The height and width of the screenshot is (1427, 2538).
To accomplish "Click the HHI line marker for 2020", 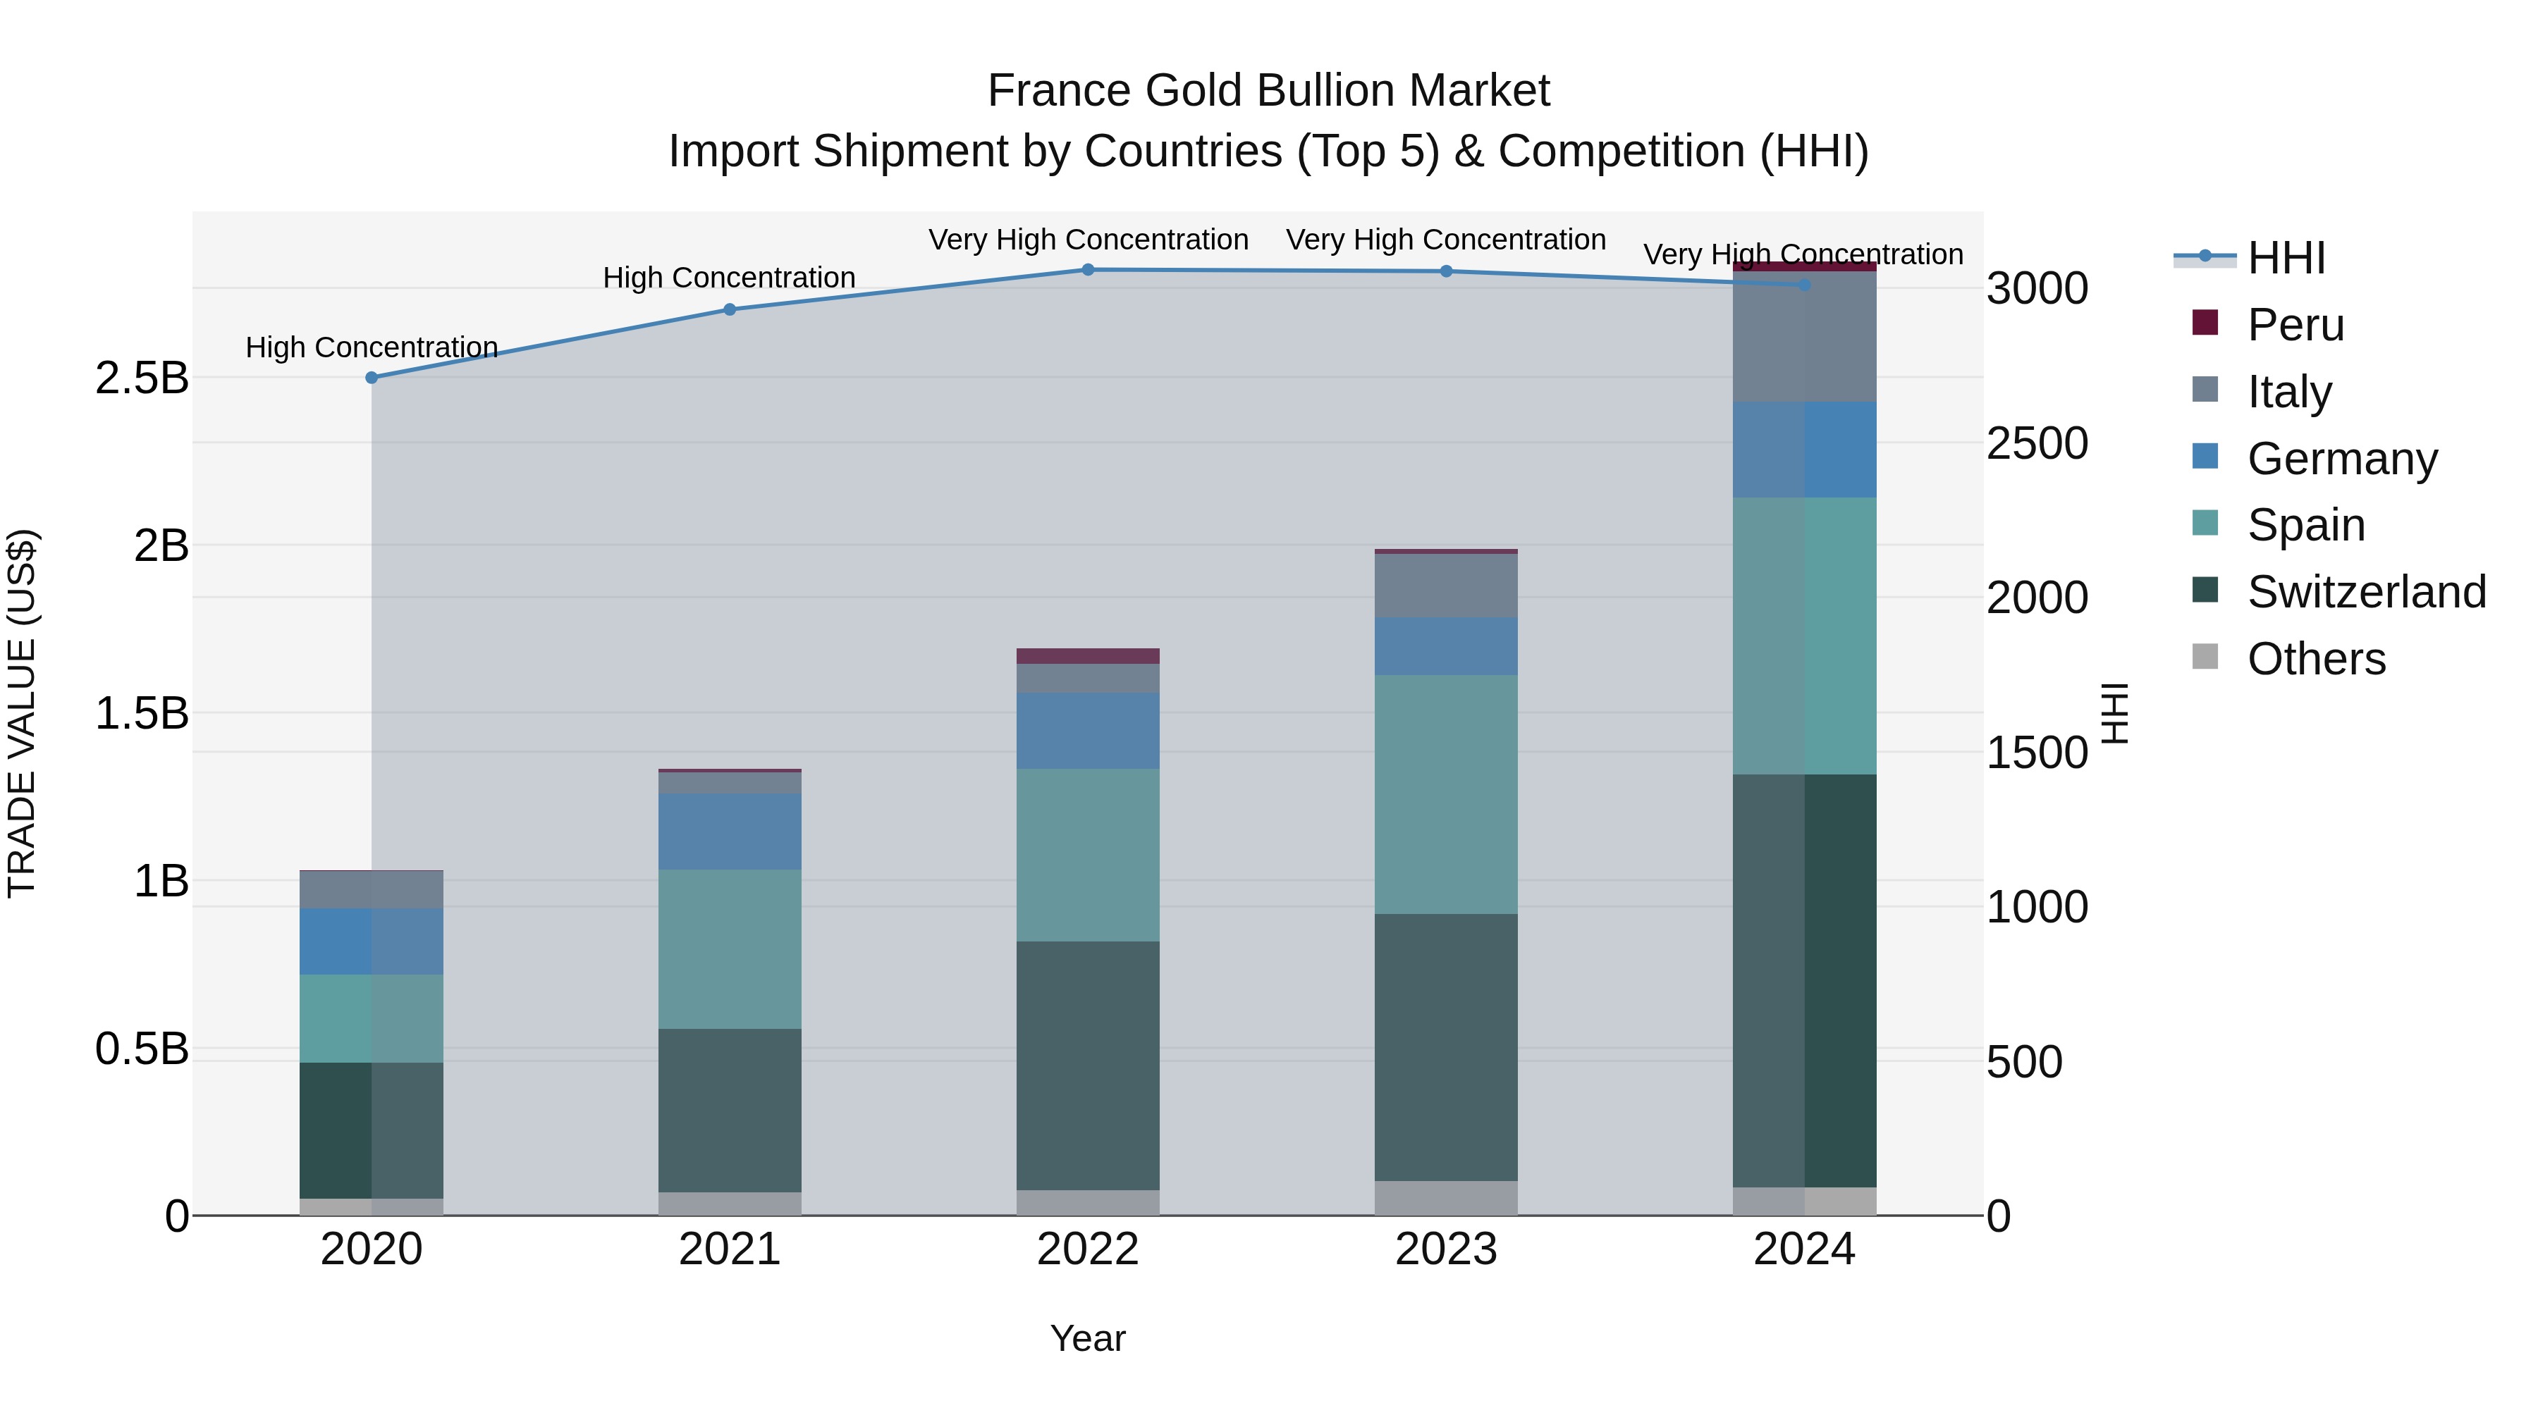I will tap(372, 377).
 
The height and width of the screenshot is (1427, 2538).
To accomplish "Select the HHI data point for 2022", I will tap(1088, 270).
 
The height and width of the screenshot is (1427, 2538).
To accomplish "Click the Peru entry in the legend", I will tap(2295, 324).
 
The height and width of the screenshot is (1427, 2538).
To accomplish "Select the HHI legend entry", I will tap(2286, 258).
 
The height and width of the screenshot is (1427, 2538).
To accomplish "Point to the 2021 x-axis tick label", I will tap(729, 1249).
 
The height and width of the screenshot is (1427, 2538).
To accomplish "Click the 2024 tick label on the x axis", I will tap(1804, 1249).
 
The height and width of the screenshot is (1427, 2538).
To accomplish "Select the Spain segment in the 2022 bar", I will tap(1088, 854).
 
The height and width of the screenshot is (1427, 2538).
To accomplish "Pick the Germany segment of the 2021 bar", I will tap(729, 832).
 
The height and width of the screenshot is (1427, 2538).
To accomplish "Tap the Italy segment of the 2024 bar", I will tap(1804, 336).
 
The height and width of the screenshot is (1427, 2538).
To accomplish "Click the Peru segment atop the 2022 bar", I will tap(1088, 656).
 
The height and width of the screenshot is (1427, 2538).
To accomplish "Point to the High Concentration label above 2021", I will tap(729, 278).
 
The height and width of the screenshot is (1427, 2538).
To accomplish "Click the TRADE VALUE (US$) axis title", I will tap(22, 713).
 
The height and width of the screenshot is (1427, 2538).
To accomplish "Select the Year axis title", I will tap(1088, 1338).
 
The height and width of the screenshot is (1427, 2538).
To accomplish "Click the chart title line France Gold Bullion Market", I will tap(1268, 91).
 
